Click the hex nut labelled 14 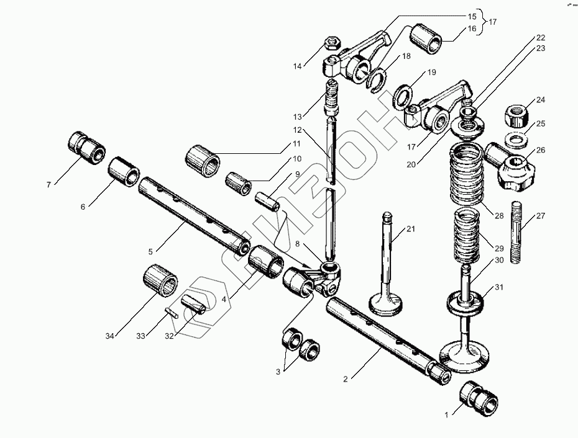(331, 44)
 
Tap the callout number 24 (540, 100)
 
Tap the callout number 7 (48, 184)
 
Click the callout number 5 (150, 251)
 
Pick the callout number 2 (346, 378)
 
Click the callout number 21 (410, 230)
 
